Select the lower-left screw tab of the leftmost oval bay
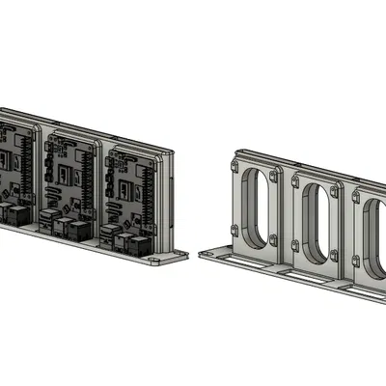[234, 230]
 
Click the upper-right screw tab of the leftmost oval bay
[276, 178]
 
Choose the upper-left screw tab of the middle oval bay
[290, 180]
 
